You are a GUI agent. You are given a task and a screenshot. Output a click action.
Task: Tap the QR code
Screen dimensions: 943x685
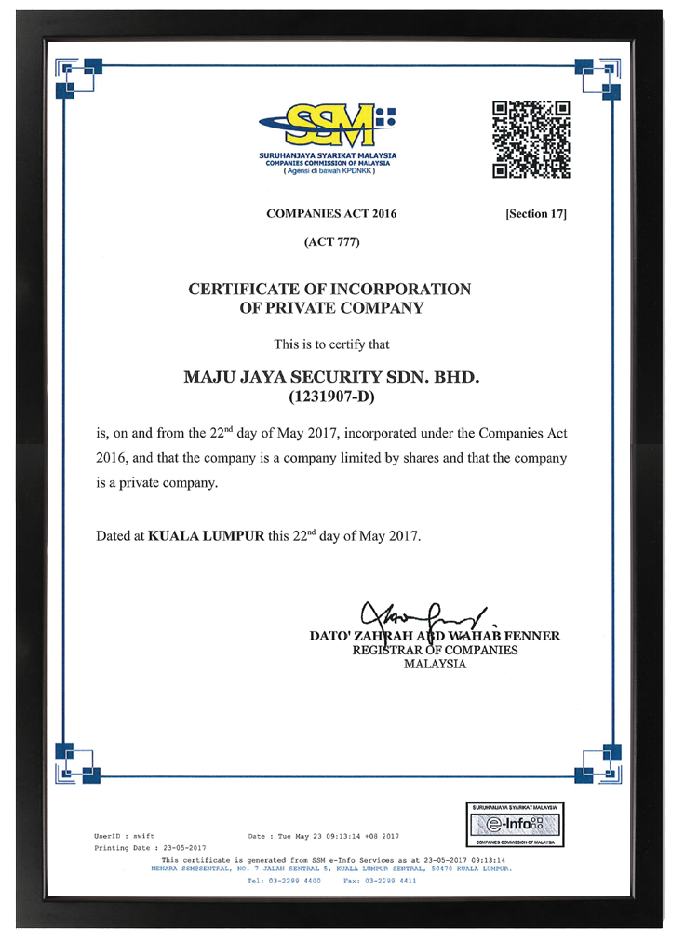coord(531,140)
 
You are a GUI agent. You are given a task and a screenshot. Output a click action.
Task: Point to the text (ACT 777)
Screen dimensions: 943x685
coord(331,242)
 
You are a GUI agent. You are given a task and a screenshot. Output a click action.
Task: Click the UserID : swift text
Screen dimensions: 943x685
coord(125,836)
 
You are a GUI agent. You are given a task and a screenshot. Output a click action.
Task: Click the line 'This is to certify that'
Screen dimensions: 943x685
coord(331,344)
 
